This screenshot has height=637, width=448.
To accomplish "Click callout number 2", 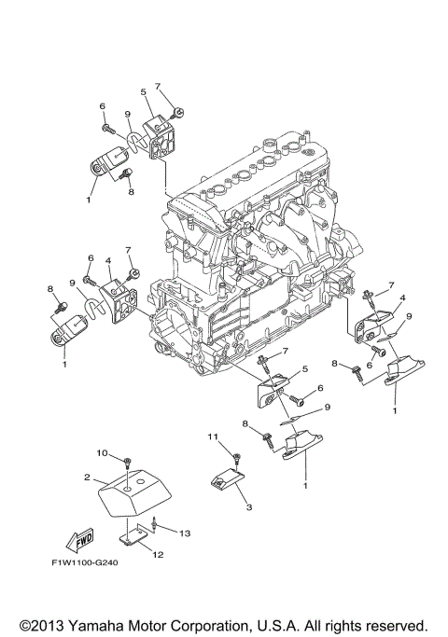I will pos(87,477).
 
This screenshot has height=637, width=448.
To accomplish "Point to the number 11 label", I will pos(213,436).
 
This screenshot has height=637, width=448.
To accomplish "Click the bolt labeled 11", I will pos(236,457).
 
